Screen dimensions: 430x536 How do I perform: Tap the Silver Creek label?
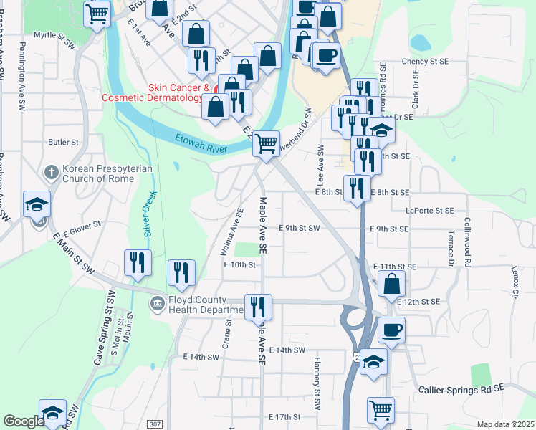click(x=150, y=214)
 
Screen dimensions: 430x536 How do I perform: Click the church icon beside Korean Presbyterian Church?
click(x=51, y=173)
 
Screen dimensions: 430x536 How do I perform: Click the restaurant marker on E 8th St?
click(x=357, y=188)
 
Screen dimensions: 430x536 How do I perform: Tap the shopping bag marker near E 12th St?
click(x=392, y=285)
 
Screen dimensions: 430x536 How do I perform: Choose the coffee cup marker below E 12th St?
click(x=391, y=330)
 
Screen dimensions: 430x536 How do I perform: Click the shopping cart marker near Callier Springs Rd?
click(x=381, y=411)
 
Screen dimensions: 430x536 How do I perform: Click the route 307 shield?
click(x=155, y=424)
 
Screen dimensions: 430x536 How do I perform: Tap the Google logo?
click(x=23, y=421)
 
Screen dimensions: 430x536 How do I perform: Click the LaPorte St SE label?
click(x=430, y=211)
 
